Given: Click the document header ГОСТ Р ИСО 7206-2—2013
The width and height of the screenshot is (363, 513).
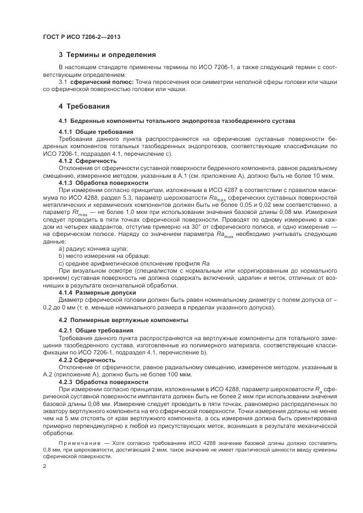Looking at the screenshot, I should coord(81,37).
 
